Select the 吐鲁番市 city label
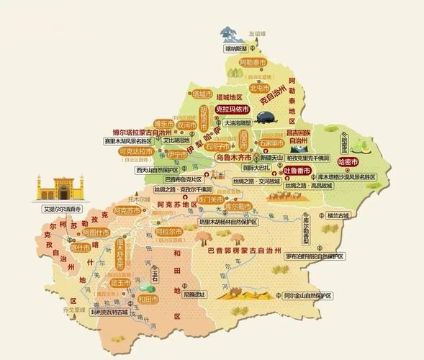coord(296,171)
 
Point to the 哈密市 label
coord(348,161)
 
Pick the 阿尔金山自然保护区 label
coord(307,295)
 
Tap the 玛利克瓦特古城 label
coord(108,312)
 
